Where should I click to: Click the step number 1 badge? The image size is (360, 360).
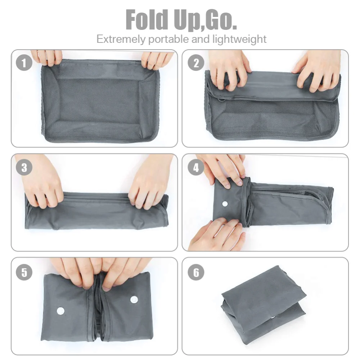tap(24, 64)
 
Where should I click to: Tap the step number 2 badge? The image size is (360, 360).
tap(196, 63)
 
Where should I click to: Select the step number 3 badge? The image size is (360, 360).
tap(24, 168)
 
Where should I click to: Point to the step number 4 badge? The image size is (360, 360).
tap(196, 168)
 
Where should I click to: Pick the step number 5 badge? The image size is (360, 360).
tap(24, 272)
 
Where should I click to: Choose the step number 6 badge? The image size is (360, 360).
tap(196, 272)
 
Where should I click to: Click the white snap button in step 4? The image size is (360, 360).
tap(225, 204)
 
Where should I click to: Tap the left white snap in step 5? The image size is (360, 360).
tap(60, 310)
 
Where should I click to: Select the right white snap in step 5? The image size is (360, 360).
tap(134, 299)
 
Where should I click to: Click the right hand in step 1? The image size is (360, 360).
tap(157, 59)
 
